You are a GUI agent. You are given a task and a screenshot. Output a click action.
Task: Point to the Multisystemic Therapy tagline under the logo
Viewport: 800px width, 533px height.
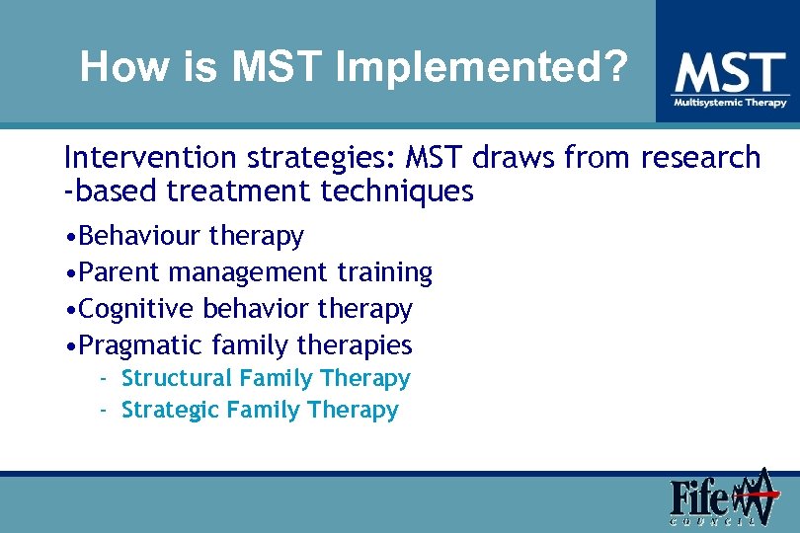coord(730,103)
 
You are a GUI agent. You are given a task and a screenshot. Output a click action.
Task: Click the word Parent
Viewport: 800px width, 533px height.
coord(120,271)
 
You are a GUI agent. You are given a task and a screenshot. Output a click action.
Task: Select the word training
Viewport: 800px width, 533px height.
coord(384,271)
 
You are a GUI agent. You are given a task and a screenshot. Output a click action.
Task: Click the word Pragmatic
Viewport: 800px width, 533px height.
coord(141,345)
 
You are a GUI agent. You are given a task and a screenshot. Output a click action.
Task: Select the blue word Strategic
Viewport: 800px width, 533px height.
coord(170,410)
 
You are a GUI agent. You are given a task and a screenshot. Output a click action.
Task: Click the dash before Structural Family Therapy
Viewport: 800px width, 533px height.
coord(103,378)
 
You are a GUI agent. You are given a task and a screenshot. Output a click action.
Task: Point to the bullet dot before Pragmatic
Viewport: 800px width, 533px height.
coord(68,346)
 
